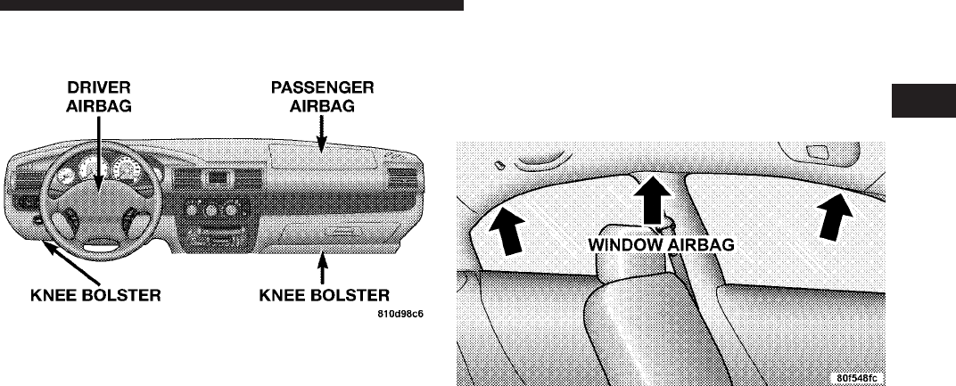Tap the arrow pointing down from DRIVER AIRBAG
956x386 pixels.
98,152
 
